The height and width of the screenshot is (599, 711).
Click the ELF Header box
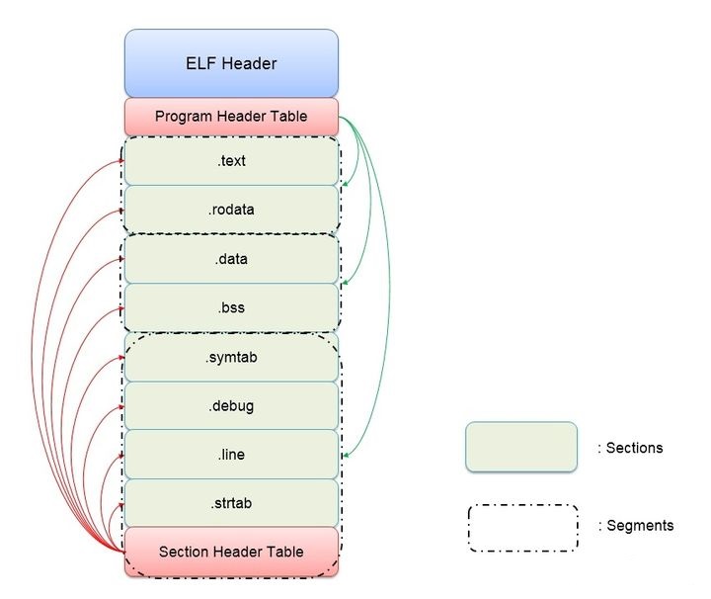231,63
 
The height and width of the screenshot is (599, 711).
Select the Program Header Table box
231,117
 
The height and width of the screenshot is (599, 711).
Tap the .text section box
231,161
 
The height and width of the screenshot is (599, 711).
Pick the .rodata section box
231,210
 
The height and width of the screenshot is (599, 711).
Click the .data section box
231,259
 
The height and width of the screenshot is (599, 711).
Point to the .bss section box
231,307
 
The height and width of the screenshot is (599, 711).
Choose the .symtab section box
231,357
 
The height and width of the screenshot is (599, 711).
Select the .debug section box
231,405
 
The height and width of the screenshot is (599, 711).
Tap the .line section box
231,455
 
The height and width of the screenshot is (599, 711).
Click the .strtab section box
231,503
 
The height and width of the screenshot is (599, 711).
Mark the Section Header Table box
231,552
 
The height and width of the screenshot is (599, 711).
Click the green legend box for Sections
521,447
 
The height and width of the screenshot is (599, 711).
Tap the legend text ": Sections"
630,448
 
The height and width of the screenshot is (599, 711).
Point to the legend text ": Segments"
636,526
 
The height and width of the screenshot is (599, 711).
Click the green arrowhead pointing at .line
346,455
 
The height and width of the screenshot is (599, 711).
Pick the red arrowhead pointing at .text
121,160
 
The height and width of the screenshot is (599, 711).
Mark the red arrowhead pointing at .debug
121,407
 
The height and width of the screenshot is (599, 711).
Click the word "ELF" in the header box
200,63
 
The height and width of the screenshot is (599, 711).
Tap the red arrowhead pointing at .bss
121,308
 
